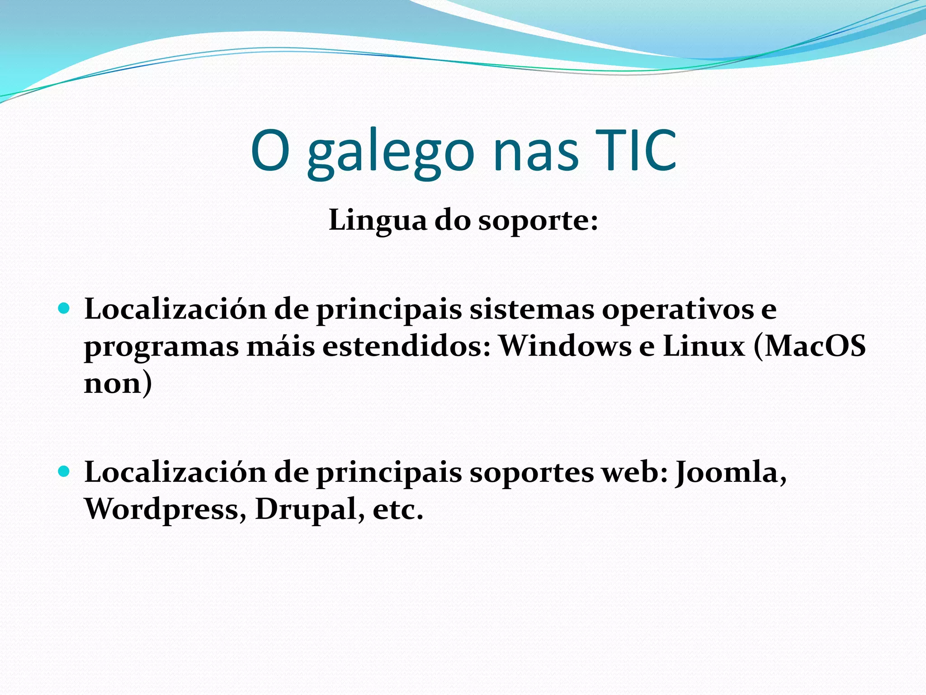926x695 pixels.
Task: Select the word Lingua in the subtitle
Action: point(378,220)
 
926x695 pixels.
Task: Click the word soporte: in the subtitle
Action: point(538,221)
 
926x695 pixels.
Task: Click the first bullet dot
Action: point(64,309)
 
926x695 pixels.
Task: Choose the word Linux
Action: point(704,346)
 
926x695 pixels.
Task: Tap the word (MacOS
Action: point(810,346)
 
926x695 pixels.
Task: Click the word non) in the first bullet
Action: point(118,383)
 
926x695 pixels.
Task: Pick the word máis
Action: point(280,346)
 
